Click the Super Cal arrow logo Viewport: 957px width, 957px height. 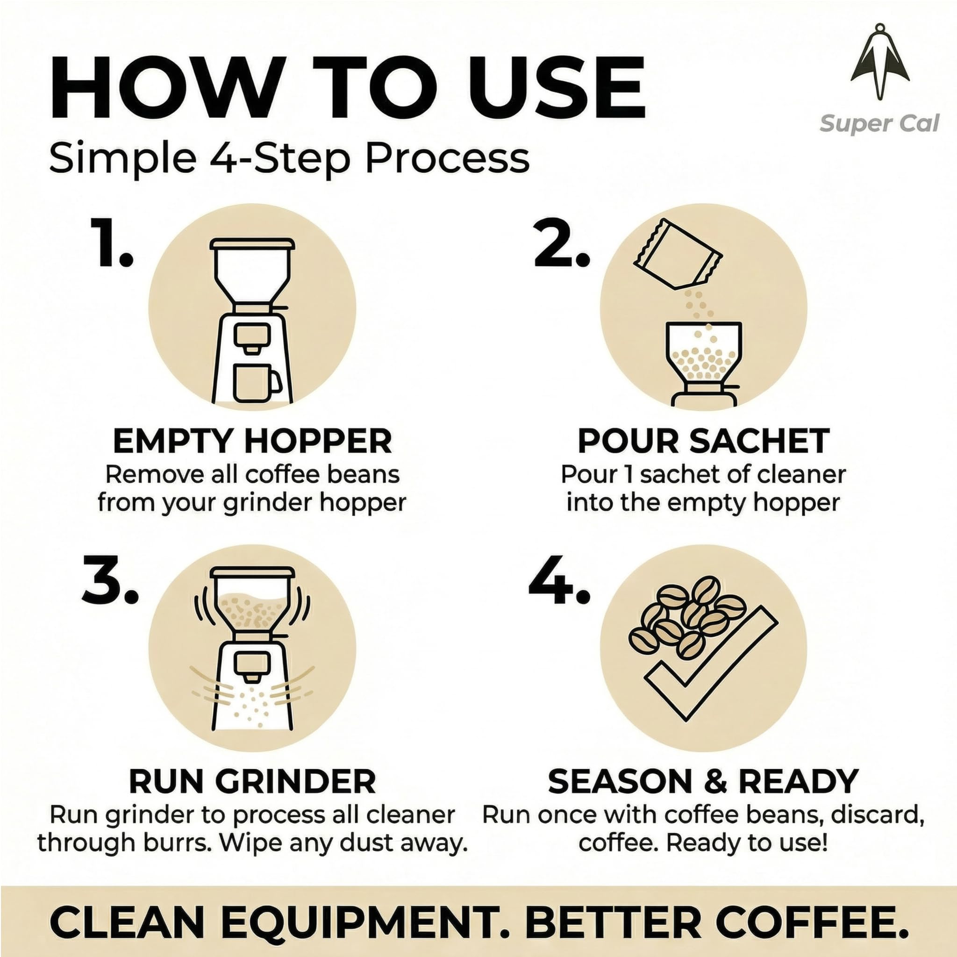[880, 62]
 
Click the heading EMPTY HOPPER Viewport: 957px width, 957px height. [252, 440]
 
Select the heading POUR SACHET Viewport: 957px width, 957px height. [703, 440]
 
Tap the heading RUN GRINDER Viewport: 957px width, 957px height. [252, 782]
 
